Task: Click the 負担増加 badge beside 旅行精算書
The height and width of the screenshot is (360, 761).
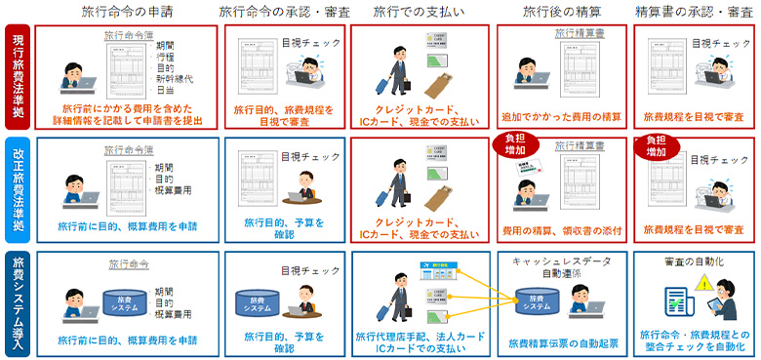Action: click(520, 145)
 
